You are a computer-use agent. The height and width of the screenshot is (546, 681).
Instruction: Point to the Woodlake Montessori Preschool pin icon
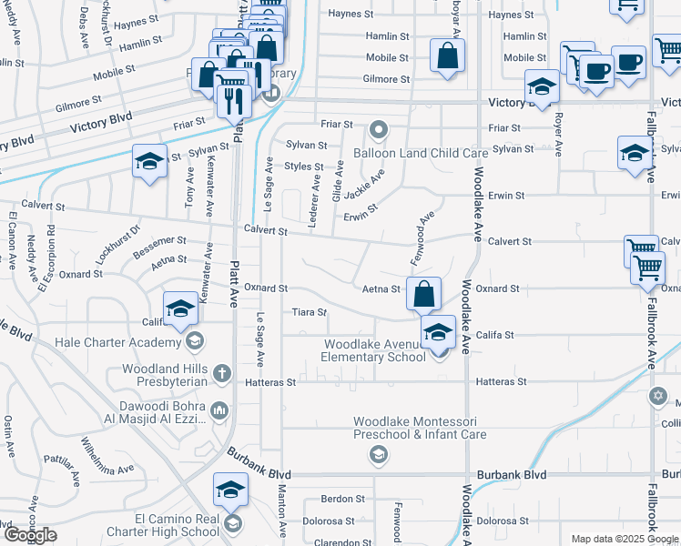click(380, 454)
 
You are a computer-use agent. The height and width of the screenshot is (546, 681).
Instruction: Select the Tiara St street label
click(309, 312)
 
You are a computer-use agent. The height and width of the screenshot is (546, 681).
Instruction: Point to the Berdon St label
click(343, 499)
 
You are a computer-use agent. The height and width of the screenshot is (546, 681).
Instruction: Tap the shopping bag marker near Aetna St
click(423, 294)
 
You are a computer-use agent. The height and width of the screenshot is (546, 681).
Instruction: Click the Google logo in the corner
click(30, 535)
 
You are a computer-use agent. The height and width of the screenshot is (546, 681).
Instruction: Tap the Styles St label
click(304, 167)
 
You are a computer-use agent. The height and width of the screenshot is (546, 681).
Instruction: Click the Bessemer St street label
click(159, 244)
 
